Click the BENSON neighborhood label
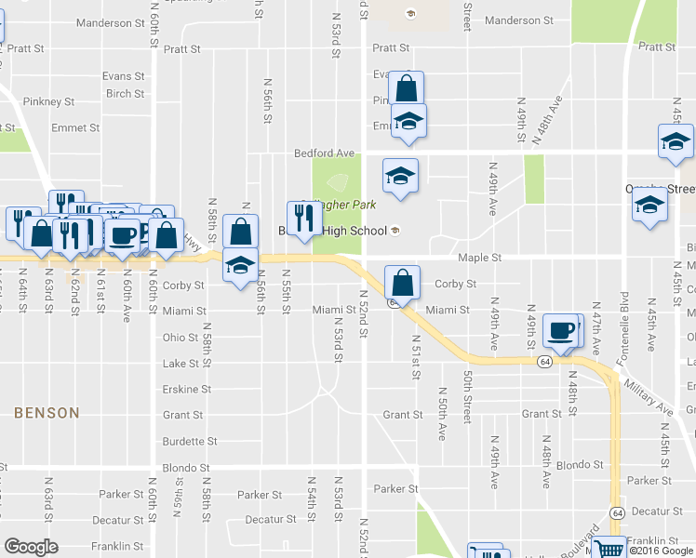(x=47, y=412)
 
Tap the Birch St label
(x=125, y=93)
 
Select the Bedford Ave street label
(x=324, y=153)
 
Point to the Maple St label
(x=479, y=258)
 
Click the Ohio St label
(x=181, y=338)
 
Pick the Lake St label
(x=181, y=364)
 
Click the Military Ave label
(x=649, y=395)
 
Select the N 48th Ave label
(x=548, y=121)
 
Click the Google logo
(x=31, y=547)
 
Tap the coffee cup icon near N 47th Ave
(x=562, y=330)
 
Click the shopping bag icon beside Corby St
(x=402, y=282)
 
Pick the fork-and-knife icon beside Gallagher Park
(x=303, y=219)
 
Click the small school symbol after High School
(x=395, y=232)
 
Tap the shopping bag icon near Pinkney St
(x=406, y=89)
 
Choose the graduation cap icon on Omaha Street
(x=649, y=207)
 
